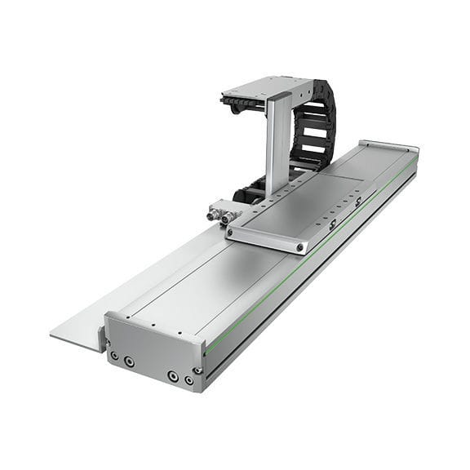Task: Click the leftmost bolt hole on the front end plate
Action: tap(113, 356)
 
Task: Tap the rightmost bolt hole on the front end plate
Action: tap(188, 380)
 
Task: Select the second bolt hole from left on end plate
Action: tap(129, 361)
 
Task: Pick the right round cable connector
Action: tap(225, 219)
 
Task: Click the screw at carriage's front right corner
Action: tap(300, 246)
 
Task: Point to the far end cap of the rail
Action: tap(390, 148)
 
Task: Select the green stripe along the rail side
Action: tap(310, 264)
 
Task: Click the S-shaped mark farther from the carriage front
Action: tap(358, 202)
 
